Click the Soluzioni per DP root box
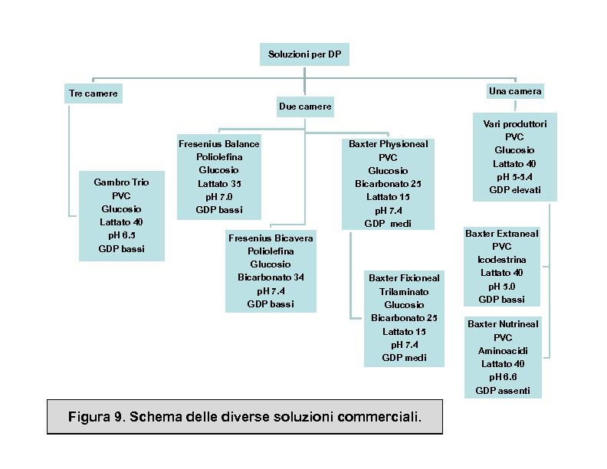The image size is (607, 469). click(x=304, y=54)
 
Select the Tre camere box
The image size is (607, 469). click(x=94, y=93)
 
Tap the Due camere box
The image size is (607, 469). click(x=305, y=107)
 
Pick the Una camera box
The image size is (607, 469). click(x=515, y=91)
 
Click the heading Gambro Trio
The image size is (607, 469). click(x=121, y=182)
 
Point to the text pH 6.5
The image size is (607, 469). click(x=122, y=235)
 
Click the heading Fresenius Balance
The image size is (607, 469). click(x=218, y=144)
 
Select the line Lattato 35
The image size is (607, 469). click(x=219, y=183)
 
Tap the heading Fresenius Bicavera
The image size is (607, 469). click(x=271, y=238)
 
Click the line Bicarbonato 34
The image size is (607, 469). click(x=271, y=277)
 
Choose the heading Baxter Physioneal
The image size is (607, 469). click(x=389, y=144)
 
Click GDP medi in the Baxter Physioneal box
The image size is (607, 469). click(x=388, y=224)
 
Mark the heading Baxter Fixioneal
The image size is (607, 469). click(x=404, y=278)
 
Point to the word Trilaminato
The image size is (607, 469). click(x=404, y=292)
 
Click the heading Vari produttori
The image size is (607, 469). click(x=515, y=124)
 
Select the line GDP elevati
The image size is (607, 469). click(x=515, y=190)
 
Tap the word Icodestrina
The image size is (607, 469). click(x=502, y=260)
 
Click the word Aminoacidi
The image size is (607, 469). click(x=503, y=351)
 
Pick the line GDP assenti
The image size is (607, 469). click(x=503, y=391)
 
